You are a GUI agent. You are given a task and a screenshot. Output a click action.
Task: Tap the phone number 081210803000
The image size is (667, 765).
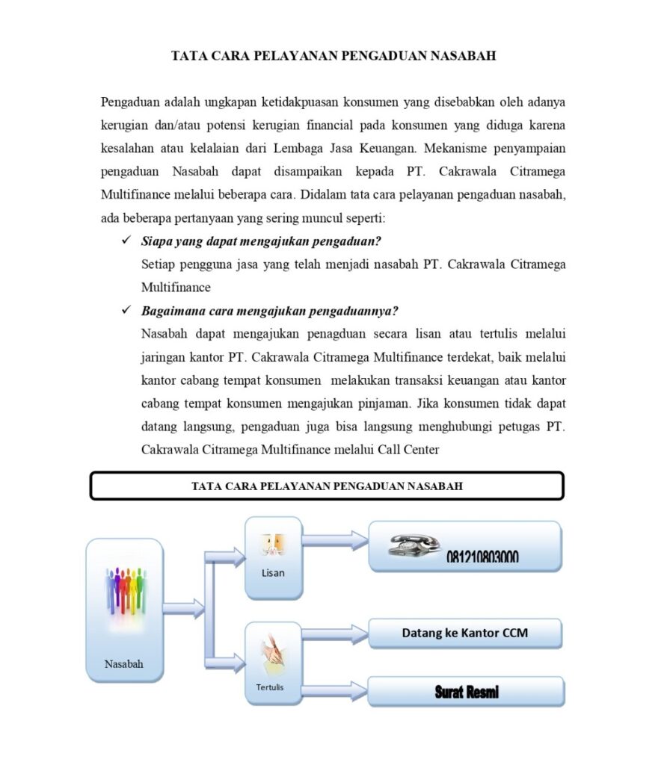[482, 557]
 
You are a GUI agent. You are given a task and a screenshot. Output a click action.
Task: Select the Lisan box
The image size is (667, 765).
[274, 557]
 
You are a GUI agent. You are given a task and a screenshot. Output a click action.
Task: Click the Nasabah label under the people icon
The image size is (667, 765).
[124, 663]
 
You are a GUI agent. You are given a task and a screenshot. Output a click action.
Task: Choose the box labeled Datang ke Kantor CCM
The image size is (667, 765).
[464, 633]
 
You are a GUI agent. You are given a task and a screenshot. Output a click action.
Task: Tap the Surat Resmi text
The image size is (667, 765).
[467, 693]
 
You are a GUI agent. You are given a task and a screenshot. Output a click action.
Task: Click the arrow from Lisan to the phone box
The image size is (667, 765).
[335, 539]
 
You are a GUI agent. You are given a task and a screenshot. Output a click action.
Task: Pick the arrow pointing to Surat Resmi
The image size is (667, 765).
[335, 690]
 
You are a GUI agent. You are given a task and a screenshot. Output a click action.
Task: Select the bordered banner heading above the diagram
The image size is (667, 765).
[327, 486]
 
